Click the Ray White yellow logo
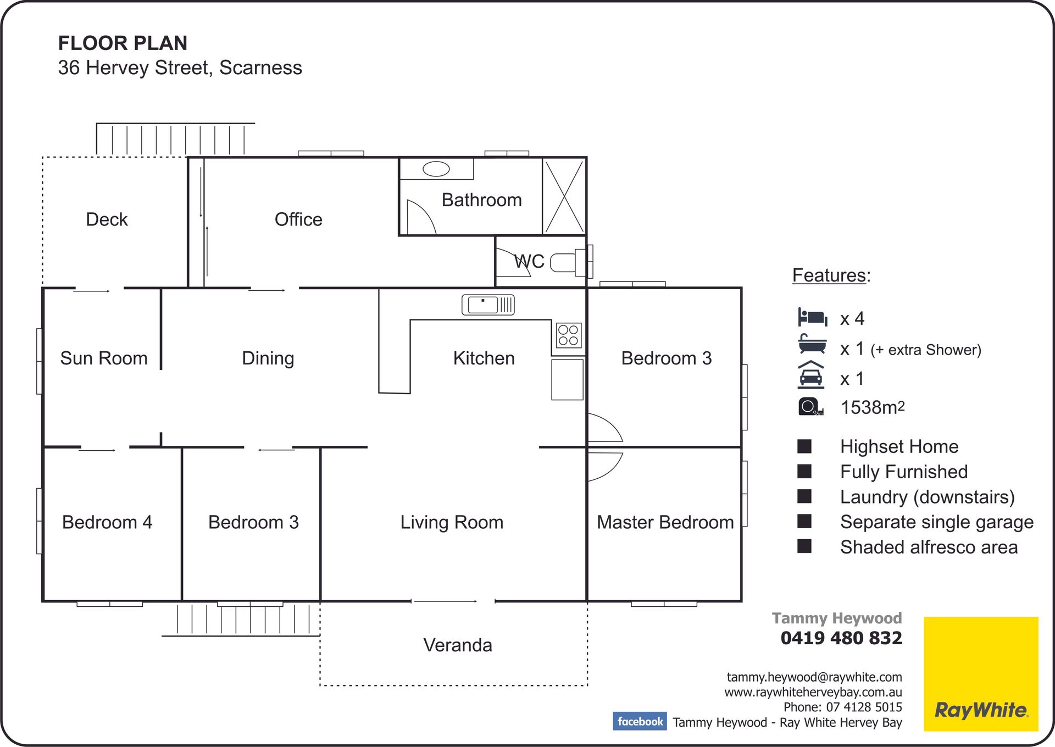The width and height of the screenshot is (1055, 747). coord(981,674)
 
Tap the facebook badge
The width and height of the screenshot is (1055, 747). coord(640,721)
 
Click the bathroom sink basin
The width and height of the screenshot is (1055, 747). coord(436,169)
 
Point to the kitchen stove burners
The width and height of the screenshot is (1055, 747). coord(568,335)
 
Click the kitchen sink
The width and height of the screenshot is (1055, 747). coord(488,305)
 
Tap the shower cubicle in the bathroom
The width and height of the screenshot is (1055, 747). coord(564,196)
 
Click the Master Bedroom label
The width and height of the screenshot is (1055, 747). coord(665,522)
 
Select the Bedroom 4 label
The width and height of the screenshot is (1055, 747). coord(107,522)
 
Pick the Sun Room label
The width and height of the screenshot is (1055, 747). coord(104,358)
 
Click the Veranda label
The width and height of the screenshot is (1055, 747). coord(458,645)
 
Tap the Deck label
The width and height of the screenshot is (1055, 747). coord(107,219)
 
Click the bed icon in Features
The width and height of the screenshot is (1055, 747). coord(813,318)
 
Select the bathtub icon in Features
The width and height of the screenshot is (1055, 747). coord(813,344)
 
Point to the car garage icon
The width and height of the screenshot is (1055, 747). coord(811,375)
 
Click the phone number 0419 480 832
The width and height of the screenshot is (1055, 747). coord(841,638)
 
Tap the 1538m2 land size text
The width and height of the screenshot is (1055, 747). coord(873,407)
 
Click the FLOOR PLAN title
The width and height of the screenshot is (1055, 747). coord(123,43)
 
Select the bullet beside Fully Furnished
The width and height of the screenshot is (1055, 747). coord(804,471)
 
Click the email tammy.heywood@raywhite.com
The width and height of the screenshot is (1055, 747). coord(814,677)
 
